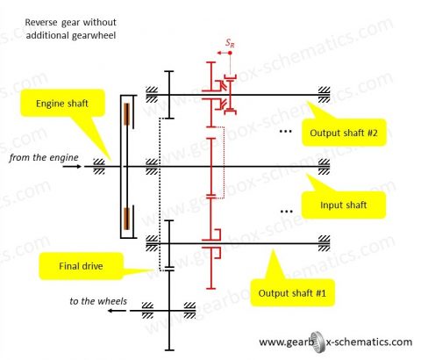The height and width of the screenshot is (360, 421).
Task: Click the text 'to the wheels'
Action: (97, 302)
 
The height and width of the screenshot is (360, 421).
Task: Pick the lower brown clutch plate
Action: (125, 216)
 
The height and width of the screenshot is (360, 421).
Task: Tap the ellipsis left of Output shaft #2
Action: (283, 131)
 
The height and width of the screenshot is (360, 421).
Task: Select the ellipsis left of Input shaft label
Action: (283, 211)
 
